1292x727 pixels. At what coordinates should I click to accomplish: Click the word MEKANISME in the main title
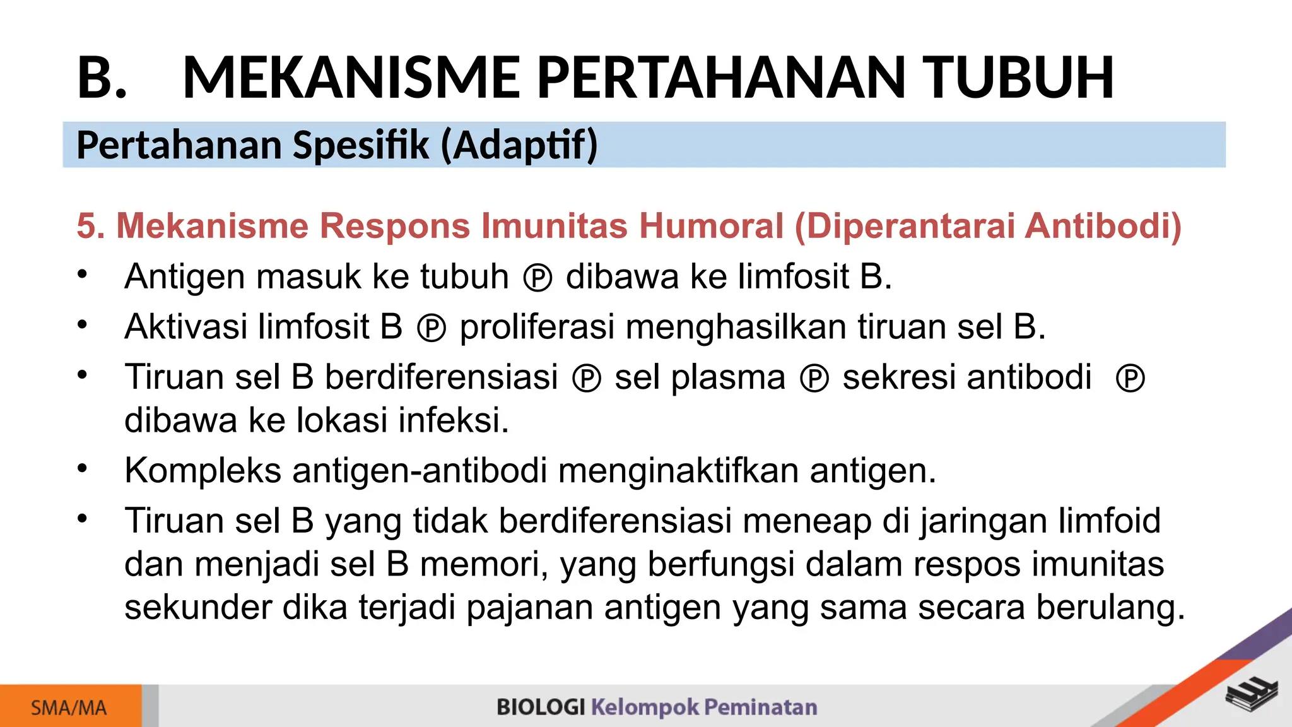click(x=351, y=78)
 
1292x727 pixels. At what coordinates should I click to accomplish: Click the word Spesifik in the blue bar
click(x=361, y=145)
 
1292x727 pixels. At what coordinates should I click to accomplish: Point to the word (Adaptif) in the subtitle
click(x=519, y=145)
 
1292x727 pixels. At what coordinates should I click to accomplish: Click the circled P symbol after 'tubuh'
click(x=537, y=278)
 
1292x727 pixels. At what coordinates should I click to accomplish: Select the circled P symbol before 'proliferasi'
click(x=432, y=329)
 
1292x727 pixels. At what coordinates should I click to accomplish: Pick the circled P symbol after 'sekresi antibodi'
click(x=1130, y=379)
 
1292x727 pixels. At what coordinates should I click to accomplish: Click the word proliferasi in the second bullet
click(x=537, y=328)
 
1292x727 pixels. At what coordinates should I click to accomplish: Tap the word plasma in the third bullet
click(x=728, y=378)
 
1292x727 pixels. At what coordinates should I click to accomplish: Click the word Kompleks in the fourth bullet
click(x=203, y=471)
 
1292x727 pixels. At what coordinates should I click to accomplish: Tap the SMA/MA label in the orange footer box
click(x=69, y=708)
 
